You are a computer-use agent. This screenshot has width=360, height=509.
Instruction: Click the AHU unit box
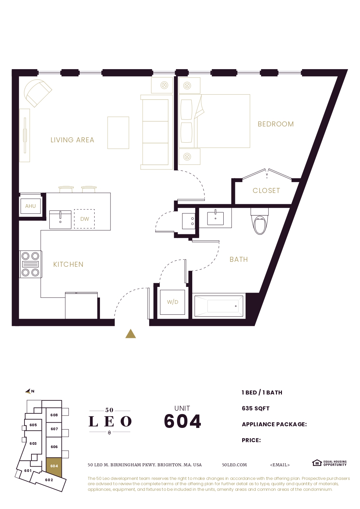tap(30, 206)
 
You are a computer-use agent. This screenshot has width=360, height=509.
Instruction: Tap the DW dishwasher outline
tap(84, 219)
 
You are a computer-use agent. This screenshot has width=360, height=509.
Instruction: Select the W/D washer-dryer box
tap(172, 302)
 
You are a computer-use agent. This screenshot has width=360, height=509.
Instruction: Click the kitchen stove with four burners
tap(30, 264)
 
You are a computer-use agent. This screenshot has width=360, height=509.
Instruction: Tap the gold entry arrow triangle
tap(131, 334)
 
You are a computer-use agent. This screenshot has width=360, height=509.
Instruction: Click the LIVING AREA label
tap(72, 140)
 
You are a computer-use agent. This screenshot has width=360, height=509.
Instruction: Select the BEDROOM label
tap(276, 124)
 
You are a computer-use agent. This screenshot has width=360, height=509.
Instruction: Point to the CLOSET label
tap(266, 191)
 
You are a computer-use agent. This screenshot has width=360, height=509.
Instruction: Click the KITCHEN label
tap(68, 264)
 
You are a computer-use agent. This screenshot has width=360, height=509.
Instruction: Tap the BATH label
tap(239, 259)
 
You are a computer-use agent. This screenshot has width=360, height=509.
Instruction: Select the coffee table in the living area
tap(118, 133)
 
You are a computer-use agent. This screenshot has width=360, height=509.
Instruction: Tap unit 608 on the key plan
tap(54, 415)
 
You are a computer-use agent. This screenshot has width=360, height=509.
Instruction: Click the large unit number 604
tap(182, 421)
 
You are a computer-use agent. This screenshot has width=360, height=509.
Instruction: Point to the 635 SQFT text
tap(255, 408)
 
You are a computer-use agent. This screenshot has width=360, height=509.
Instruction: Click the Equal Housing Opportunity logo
tap(329, 463)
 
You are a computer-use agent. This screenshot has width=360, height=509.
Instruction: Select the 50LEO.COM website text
tap(234, 465)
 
